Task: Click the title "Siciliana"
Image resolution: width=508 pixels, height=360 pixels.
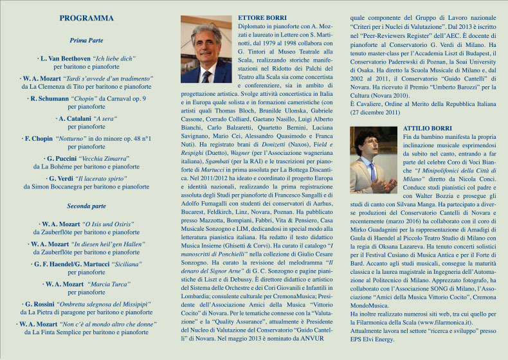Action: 131,264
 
